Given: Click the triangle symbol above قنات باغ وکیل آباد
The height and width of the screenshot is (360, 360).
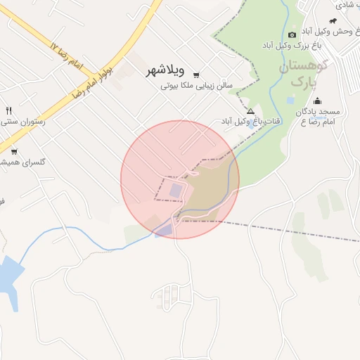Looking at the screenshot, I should [x=250, y=112].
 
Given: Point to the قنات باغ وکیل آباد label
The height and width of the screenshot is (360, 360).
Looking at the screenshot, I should [x=251, y=122].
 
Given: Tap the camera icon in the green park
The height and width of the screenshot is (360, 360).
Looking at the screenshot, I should [x=292, y=34].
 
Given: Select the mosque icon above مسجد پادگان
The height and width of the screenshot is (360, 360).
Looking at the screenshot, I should [x=317, y=101].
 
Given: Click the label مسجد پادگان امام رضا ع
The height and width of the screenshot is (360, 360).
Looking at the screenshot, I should [x=317, y=117].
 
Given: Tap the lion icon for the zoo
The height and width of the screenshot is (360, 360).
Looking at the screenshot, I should [x=342, y=20].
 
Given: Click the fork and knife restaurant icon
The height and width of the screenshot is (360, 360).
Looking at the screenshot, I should [x=9, y=110].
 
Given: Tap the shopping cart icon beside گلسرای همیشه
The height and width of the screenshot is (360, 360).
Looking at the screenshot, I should [x=14, y=151].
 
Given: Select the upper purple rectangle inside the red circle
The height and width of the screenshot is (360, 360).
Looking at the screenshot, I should [x=175, y=190].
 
